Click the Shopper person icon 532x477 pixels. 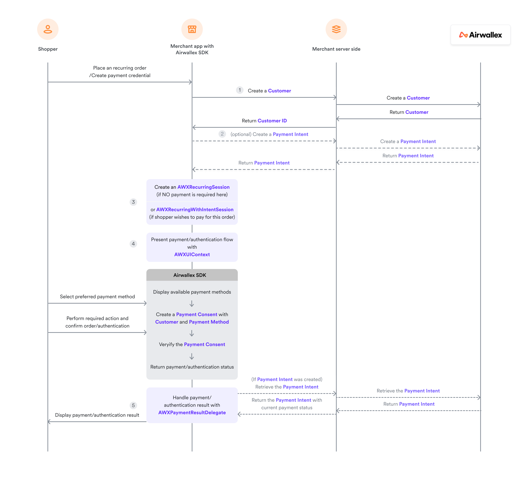(48, 29)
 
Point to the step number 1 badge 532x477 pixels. (240, 90)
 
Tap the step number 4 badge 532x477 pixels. (133, 244)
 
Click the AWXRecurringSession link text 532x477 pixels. (203, 187)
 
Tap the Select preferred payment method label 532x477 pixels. (97, 296)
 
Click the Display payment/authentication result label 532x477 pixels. (97, 415)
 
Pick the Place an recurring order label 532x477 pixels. (120, 68)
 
